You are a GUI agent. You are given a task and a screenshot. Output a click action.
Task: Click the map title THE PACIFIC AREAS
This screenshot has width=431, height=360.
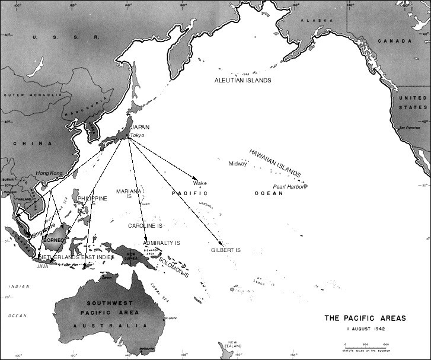coord(365,318)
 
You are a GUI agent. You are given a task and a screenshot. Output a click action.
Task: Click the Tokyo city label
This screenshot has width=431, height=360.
coord(137,135)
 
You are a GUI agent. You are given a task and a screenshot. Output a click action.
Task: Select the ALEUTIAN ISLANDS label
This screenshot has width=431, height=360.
coord(247,79)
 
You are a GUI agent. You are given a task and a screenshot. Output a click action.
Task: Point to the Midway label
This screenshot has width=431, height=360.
coord(238,164)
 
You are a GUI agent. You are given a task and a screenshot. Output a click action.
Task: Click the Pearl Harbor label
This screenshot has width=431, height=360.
coord(289,186)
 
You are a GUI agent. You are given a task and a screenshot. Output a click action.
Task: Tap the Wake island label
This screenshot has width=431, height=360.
coord(199,183)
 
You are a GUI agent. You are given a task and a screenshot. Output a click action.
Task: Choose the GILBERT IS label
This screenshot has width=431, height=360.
coord(226,250)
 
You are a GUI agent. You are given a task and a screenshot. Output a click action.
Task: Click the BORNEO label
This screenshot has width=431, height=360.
coord(54,240)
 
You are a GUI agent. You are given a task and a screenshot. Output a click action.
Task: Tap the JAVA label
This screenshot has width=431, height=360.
coord(43,266)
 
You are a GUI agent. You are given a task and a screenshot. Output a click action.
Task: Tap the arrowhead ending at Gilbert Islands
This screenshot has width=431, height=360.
coord(221,244)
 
